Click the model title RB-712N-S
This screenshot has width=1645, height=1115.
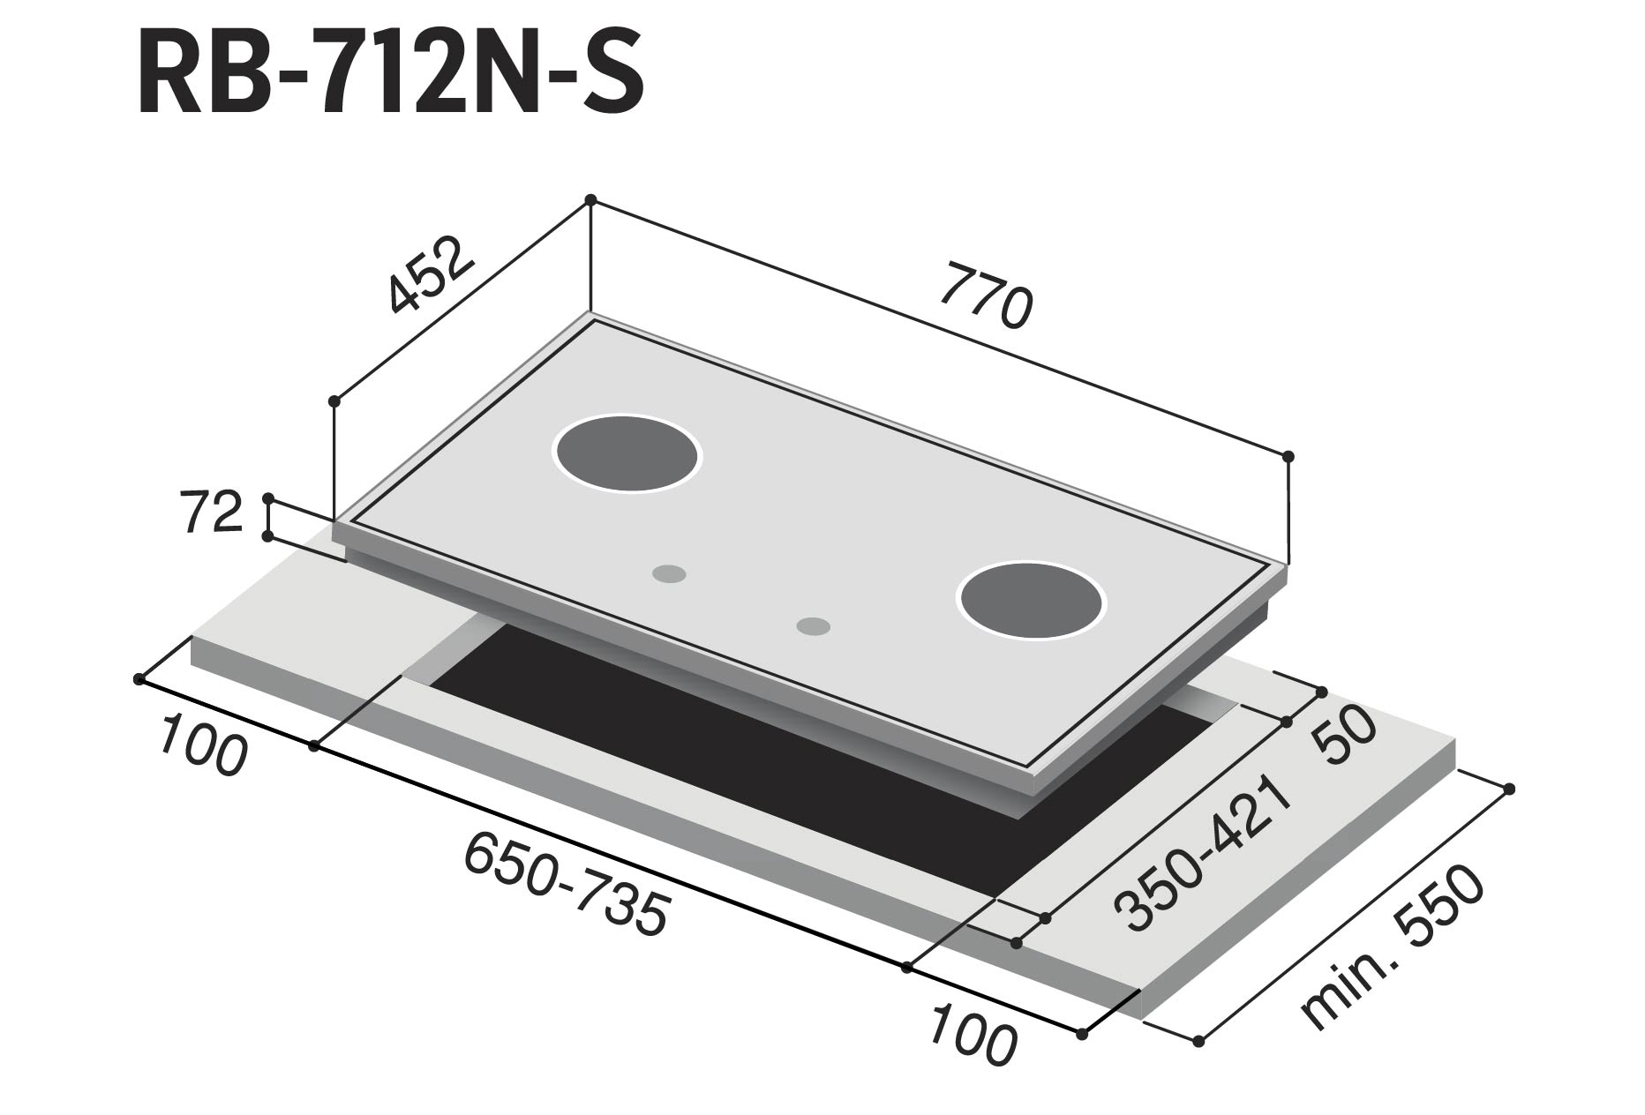pyautogui.click(x=390, y=75)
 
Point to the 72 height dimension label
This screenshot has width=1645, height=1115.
pyautogui.click(x=212, y=513)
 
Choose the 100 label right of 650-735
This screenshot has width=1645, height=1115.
pyautogui.click(x=973, y=1032)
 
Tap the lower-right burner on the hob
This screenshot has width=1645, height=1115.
pyautogui.click(x=1031, y=598)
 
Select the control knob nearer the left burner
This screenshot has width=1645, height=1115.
pyautogui.click(x=669, y=573)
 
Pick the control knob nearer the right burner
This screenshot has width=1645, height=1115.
pyautogui.click(x=813, y=626)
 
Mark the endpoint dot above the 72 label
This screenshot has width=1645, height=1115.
pyautogui.click(x=267, y=498)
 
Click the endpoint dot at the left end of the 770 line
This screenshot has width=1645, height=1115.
pyautogui.click(x=590, y=199)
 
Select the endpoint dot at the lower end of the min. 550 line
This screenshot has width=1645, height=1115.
pyautogui.click(x=1198, y=1042)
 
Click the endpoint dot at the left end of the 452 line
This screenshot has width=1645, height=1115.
pyautogui.click(x=334, y=401)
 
